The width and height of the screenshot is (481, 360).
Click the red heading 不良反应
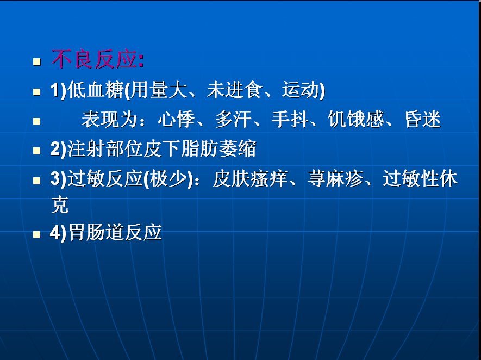point(94,59)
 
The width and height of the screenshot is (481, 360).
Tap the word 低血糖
point(96,90)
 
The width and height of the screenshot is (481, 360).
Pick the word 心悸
point(177,119)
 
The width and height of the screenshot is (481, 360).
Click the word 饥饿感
point(356,119)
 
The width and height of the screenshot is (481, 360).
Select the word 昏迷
point(423,119)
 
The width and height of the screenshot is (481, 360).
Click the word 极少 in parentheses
point(168,178)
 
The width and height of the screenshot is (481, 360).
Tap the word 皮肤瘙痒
point(251,178)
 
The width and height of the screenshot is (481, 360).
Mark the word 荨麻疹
point(335,178)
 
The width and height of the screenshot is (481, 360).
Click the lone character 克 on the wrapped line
point(60,204)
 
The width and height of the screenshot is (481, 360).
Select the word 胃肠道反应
point(115,232)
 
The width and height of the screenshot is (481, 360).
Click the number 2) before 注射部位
point(58,149)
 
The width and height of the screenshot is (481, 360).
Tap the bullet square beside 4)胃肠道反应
point(36,234)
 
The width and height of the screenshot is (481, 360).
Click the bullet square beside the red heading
point(37,61)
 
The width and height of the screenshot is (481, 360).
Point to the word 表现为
point(109,119)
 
